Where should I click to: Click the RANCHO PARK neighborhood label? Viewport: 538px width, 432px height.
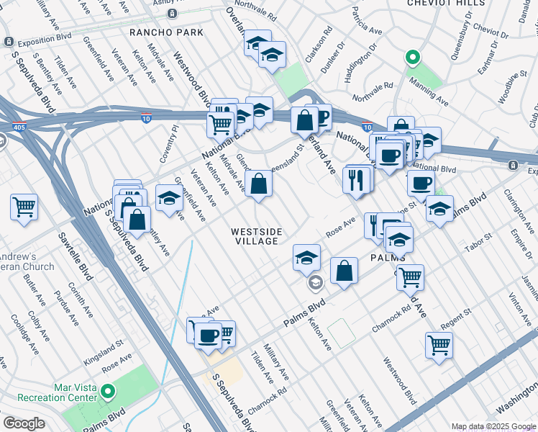[166, 32]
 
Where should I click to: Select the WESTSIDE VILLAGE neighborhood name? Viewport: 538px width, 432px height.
[255, 236]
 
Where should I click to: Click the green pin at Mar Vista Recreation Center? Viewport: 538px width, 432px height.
[108, 392]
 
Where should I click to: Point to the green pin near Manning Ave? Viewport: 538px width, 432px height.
[411, 57]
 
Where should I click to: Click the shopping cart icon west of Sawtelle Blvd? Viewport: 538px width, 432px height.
[24, 207]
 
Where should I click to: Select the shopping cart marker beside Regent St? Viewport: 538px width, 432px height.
[438, 344]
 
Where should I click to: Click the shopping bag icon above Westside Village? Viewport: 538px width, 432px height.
[258, 184]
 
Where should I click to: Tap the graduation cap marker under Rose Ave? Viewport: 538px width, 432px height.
[306, 257]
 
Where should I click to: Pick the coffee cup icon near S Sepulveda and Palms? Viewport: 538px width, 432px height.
[209, 336]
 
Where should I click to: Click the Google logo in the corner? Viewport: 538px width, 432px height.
[24, 423]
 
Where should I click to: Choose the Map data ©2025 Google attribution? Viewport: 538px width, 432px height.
[493, 426]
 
